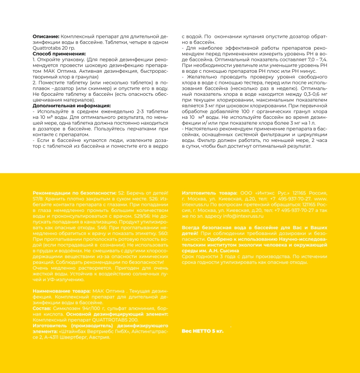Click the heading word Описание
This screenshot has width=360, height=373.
pyautogui.click(x=46, y=37)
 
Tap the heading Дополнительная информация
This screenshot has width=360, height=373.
pyautogui.click(x=72, y=105)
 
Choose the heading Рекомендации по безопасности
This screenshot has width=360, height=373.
pyautogui.click(x=75, y=192)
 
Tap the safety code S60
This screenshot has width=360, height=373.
pyautogui.click(x=163, y=233)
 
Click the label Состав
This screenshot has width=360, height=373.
pyautogui.click(x=42, y=308)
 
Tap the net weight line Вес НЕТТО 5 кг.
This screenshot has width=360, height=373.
pyautogui.click(x=202, y=331)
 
